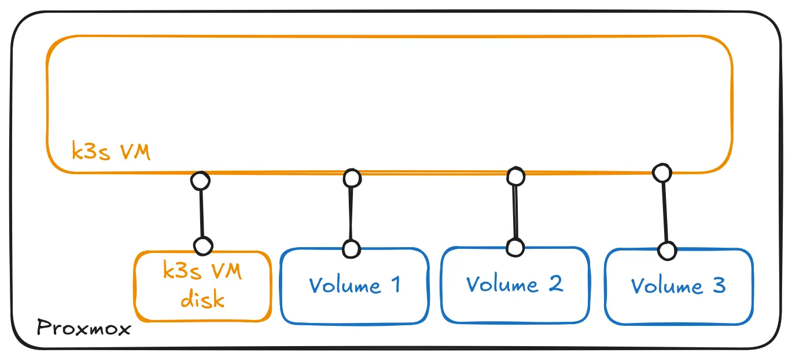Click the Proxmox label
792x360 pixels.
(x=84, y=329)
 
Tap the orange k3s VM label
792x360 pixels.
(x=110, y=152)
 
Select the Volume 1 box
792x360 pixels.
(x=354, y=285)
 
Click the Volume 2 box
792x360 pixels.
(x=514, y=284)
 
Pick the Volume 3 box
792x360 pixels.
(x=678, y=286)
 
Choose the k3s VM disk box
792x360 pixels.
(x=202, y=286)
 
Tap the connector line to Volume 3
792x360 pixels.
(x=665, y=211)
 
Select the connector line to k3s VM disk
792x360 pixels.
(x=201, y=213)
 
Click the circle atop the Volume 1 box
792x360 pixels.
(x=351, y=249)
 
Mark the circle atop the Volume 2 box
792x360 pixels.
(x=515, y=247)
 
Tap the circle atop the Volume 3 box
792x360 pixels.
(x=668, y=251)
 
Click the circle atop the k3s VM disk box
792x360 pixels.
(x=202, y=246)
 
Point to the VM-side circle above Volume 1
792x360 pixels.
(x=352, y=178)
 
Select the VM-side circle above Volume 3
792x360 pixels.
(x=661, y=172)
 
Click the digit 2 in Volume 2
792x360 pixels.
(x=555, y=284)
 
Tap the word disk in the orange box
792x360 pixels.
(x=202, y=299)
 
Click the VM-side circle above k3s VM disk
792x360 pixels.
(x=200, y=181)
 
